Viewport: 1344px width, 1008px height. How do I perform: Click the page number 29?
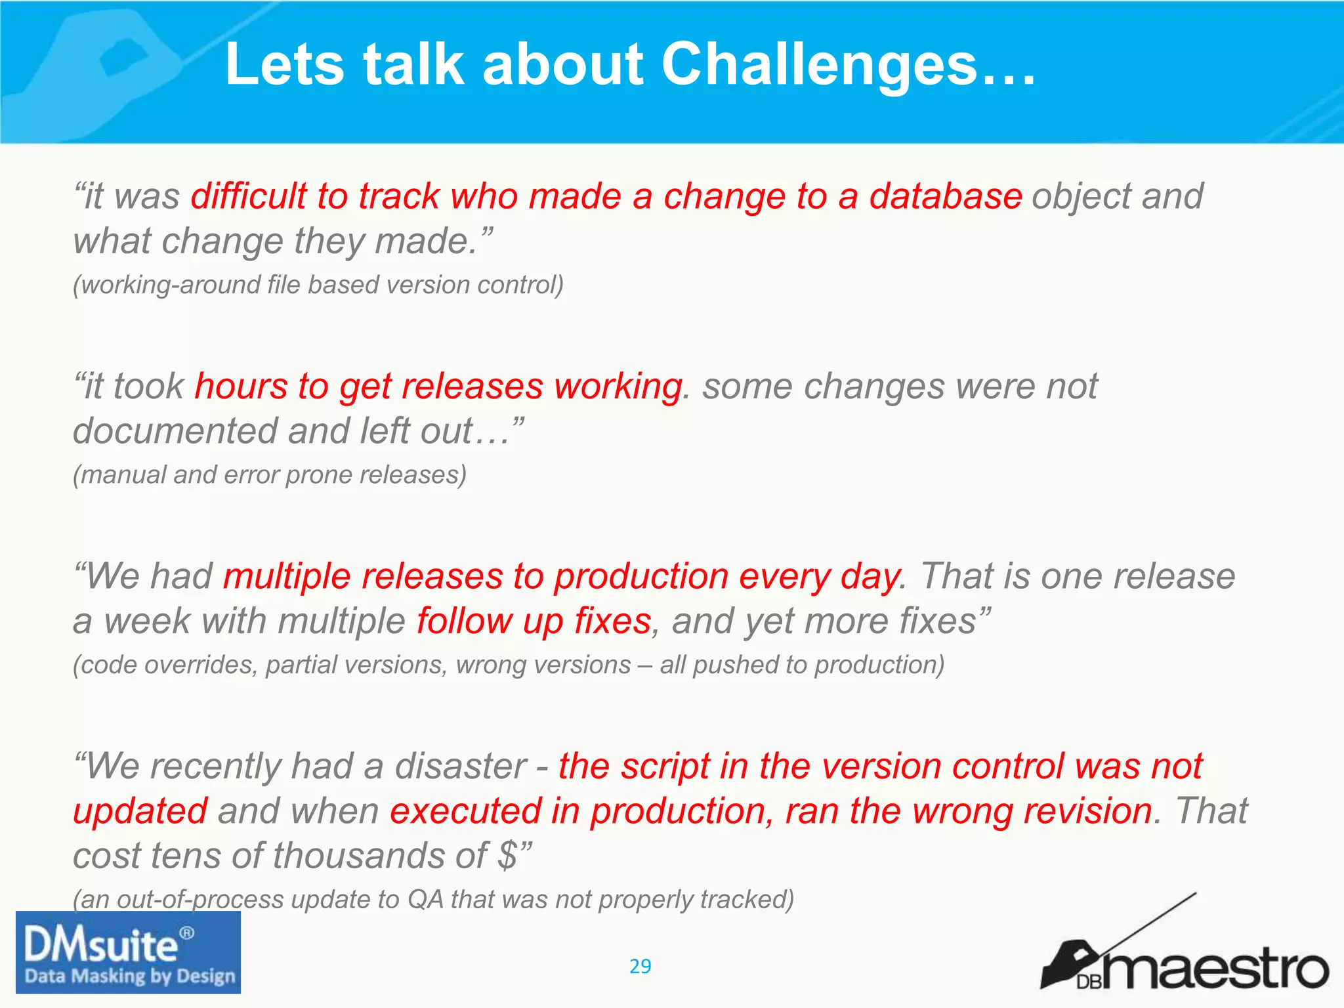pyautogui.click(x=640, y=966)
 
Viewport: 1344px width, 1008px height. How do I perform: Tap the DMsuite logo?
pyautogui.click(x=128, y=952)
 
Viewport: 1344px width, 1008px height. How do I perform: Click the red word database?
pyautogui.click(x=945, y=196)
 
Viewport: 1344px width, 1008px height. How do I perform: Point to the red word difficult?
pyautogui.click(x=249, y=196)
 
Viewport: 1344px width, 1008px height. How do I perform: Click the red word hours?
pyautogui.click(x=241, y=386)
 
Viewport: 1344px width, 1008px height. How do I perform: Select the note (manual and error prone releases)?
pyautogui.click(x=270, y=474)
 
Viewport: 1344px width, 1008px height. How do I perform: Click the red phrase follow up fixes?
pyautogui.click(x=534, y=621)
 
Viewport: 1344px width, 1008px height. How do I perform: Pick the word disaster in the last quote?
pyautogui.click(x=460, y=766)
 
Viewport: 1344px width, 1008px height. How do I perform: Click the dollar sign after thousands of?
pyautogui.click(x=507, y=856)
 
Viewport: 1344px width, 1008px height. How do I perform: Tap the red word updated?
pyautogui.click(x=140, y=811)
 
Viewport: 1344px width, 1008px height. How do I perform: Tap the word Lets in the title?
pyautogui.click(x=284, y=64)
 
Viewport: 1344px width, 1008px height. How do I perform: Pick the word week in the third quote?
pyautogui.click(x=147, y=621)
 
